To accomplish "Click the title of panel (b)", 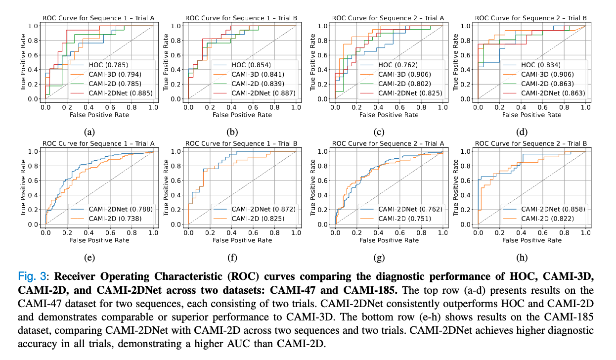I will tap(241, 18).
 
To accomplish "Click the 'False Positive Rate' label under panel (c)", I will tap(389, 115).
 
